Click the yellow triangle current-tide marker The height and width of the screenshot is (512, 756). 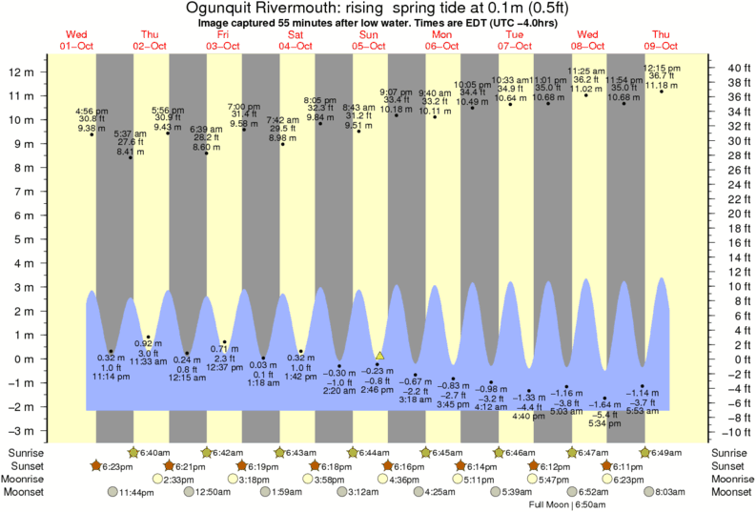pyautogui.click(x=379, y=355)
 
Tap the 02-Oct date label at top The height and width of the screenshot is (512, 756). pyautogui.click(x=151, y=46)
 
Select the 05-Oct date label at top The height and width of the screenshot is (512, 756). pyautogui.click(x=369, y=46)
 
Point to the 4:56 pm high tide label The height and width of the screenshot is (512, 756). pyautogui.click(x=92, y=112)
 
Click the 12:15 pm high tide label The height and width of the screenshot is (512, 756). pyautogui.click(x=662, y=69)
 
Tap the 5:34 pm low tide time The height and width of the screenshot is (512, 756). pyautogui.click(x=604, y=423)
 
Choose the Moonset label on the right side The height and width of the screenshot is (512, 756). pyautogui.click(x=730, y=492)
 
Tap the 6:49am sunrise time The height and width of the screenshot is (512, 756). pyautogui.click(x=670, y=452)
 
